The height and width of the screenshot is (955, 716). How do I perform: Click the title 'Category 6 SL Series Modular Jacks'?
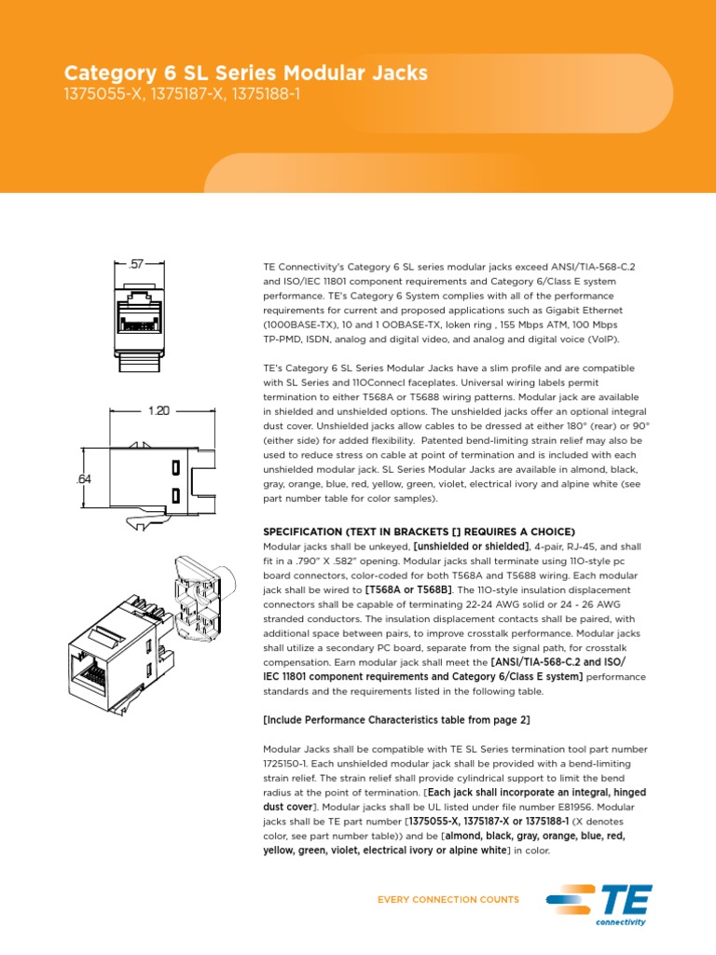point(246,73)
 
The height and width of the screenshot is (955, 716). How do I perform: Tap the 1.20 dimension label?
point(157,411)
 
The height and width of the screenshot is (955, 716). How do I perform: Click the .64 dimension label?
point(83,478)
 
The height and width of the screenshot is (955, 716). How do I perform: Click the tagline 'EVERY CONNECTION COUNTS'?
point(447,900)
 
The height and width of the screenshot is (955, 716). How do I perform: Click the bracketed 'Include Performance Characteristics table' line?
point(396,720)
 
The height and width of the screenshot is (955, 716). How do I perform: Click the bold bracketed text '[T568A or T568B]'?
point(408,590)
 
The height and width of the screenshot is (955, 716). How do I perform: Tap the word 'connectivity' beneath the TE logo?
point(620,921)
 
